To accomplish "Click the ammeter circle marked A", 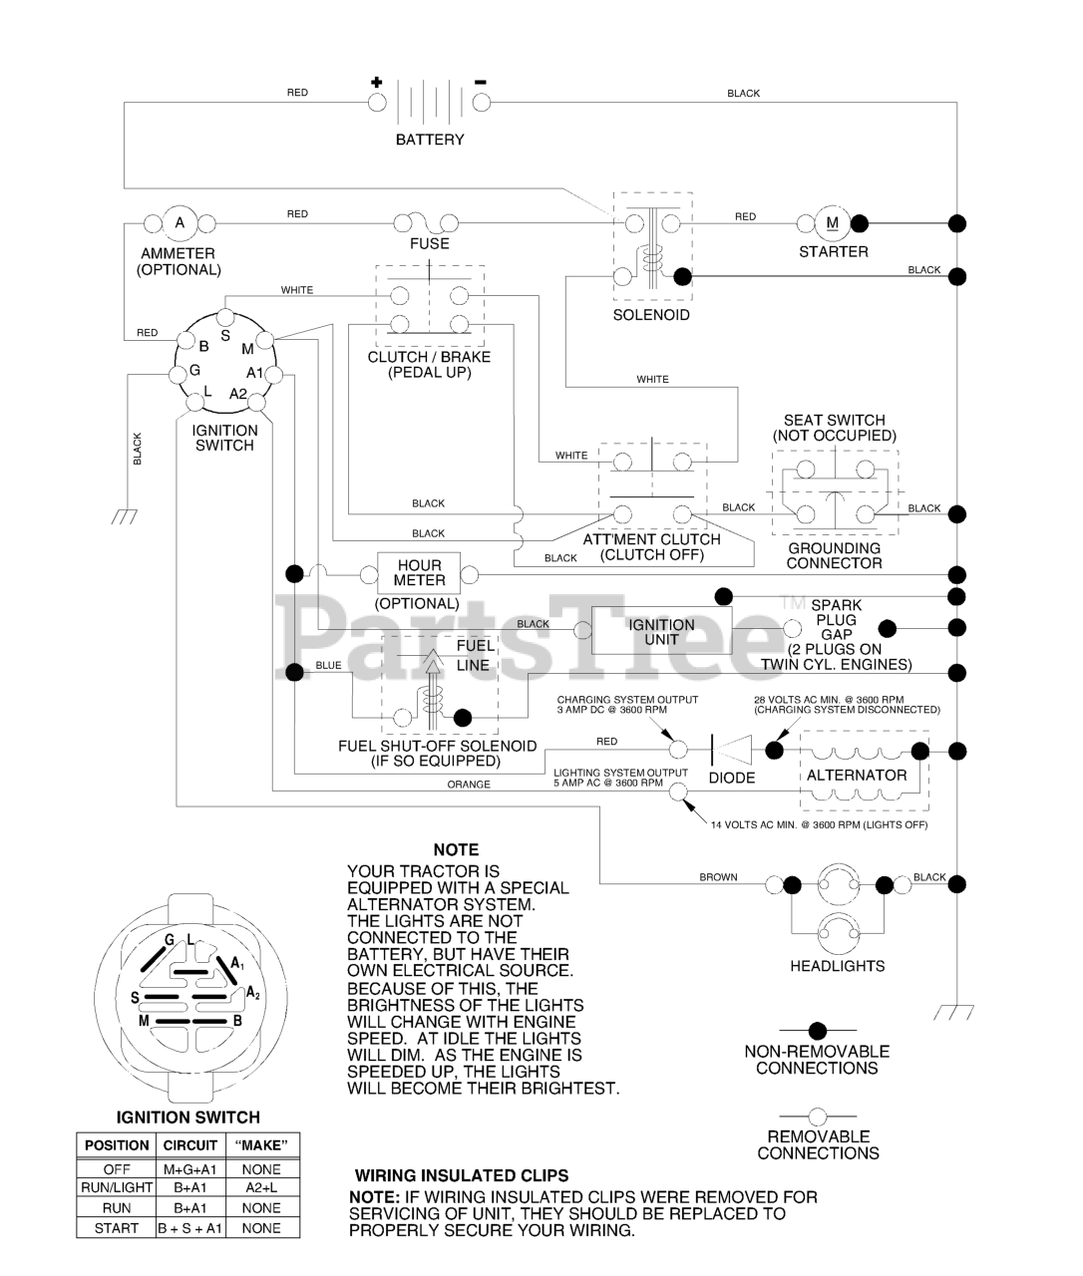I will (x=180, y=223).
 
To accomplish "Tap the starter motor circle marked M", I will (x=833, y=222).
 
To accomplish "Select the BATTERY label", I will (x=430, y=141).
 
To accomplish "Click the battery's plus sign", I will (x=376, y=82).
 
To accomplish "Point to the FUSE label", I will (x=430, y=243).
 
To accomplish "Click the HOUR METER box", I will (x=420, y=573).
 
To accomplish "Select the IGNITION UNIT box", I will (x=661, y=632).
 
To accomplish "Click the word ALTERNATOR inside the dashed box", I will (x=857, y=776).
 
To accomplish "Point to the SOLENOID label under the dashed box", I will (x=651, y=315).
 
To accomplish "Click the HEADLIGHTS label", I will (x=838, y=966).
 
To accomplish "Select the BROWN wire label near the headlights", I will (x=718, y=877).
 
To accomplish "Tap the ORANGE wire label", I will (x=469, y=785).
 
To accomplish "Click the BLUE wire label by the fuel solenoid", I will (x=328, y=665).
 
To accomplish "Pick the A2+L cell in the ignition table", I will (x=261, y=1188).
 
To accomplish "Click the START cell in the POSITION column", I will (x=117, y=1228).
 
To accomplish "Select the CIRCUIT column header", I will (x=189, y=1145).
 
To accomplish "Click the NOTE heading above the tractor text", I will (x=456, y=850).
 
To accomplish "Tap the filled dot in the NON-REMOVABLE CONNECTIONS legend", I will (x=818, y=1030).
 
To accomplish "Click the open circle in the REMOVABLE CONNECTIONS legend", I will (x=818, y=1116).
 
